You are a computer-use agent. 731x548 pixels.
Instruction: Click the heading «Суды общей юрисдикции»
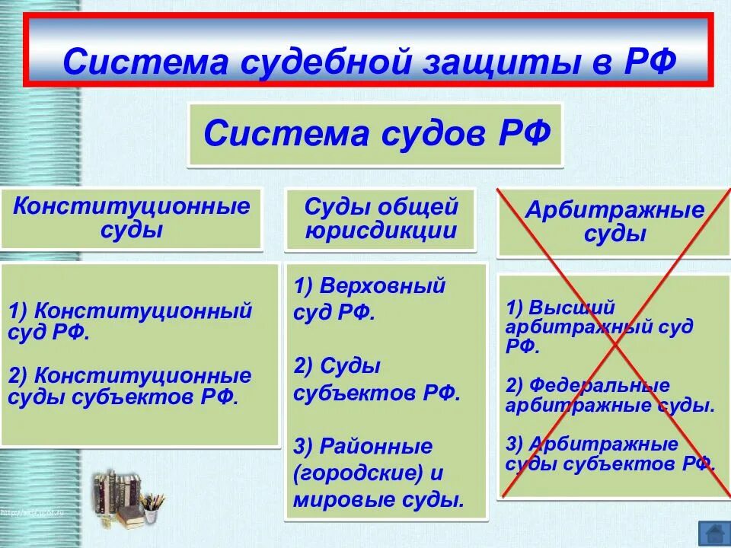[381, 218]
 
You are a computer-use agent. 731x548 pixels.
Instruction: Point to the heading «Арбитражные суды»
[614, 222]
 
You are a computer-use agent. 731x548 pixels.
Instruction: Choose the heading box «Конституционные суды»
[132, 218]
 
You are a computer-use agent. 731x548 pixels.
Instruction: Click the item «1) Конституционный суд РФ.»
[130, 321]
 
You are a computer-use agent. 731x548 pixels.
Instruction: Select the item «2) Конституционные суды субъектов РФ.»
[130, 386]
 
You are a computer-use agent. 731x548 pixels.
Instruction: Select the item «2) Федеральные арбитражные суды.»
[610, 394]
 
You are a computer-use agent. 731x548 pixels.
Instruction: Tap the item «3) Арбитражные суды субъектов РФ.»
[610, 454]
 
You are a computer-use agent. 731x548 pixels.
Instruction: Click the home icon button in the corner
[713, 532]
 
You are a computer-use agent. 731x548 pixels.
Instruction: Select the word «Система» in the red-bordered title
[140, 62]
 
